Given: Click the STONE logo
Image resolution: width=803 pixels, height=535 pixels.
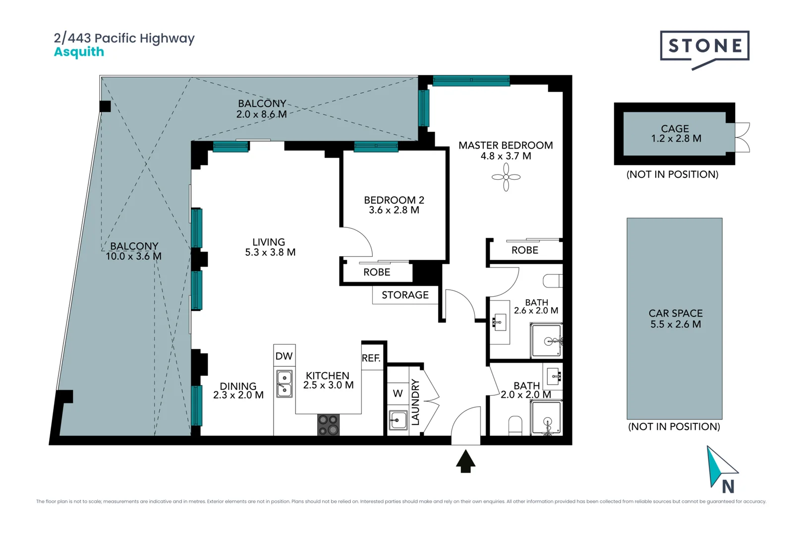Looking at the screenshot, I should pos(704,47).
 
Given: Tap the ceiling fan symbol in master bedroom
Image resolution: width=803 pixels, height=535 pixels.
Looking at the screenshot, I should pos(506,177).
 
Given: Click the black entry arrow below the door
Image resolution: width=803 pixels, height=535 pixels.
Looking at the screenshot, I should pos(465,461).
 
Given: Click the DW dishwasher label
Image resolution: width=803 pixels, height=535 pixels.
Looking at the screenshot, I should pos(284,356).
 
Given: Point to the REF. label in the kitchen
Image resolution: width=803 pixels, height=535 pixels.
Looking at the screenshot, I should pos(371,358).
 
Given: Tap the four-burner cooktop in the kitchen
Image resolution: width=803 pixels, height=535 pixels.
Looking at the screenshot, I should pos(328,425).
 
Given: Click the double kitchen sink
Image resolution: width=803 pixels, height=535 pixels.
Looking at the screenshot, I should pos(284,384).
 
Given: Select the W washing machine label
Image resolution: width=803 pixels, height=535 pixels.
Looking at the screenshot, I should pos(398,393).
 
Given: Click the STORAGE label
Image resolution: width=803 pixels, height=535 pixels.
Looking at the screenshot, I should pos(405,295).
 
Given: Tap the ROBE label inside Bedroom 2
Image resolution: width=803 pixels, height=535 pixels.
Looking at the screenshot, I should pos(377,272).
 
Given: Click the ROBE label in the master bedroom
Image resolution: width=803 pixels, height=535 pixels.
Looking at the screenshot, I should pos(525,250).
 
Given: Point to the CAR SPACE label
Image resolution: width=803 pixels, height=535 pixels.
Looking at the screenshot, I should pos(676,319).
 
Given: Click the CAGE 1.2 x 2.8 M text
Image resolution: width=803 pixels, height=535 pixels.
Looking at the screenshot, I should pos(676,134).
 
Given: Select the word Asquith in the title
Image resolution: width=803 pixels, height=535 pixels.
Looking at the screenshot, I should pos(79,52).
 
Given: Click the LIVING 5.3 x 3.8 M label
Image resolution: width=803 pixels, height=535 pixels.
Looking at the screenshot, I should pos(270,247).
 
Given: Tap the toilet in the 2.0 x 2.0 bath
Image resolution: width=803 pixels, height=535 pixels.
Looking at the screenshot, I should pos(516,425).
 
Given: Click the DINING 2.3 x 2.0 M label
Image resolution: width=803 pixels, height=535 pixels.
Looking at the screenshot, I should pos(238,390).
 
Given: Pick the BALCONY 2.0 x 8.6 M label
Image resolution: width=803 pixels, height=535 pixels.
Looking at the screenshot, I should pos(262,108).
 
